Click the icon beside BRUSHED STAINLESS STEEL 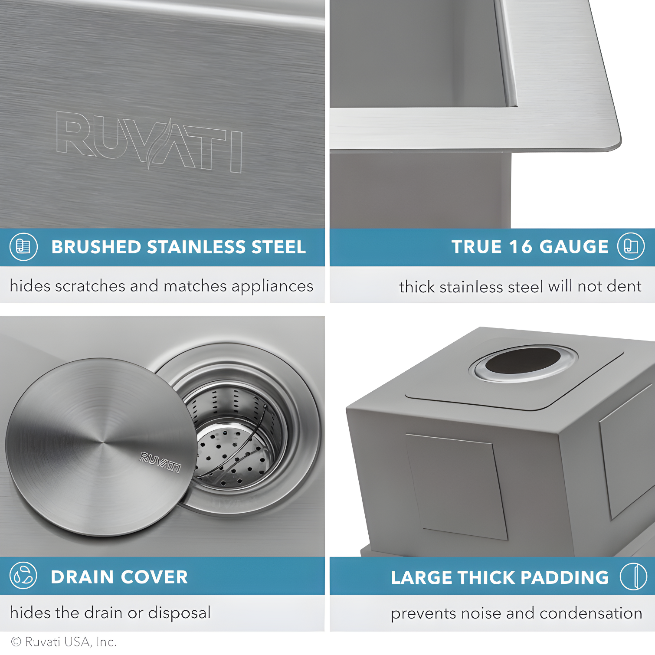click(x=23, y=247)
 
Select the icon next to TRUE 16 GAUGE click(x=631, y=246)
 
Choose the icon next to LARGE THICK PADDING click(x=633, y=576)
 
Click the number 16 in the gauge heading click(x=520, y=247)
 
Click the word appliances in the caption click(x=272, y=286)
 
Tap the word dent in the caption click(x=624, y=286)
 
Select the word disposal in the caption click(x=179, y=612)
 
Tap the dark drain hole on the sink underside click(x=523, y=360)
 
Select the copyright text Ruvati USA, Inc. click(x=64, y=642)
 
